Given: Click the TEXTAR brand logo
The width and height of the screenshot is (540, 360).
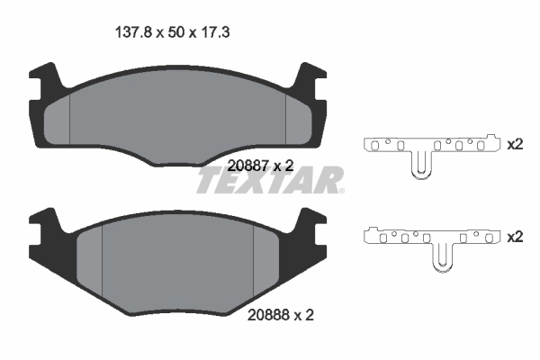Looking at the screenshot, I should [x=269, y=182].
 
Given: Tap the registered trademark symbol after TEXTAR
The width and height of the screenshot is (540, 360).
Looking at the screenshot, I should [x=341, y=191].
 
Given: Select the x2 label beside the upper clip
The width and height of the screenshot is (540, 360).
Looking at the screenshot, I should [x=515, y=145].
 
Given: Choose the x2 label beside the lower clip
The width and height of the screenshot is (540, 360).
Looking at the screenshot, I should [x=515, y=237].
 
